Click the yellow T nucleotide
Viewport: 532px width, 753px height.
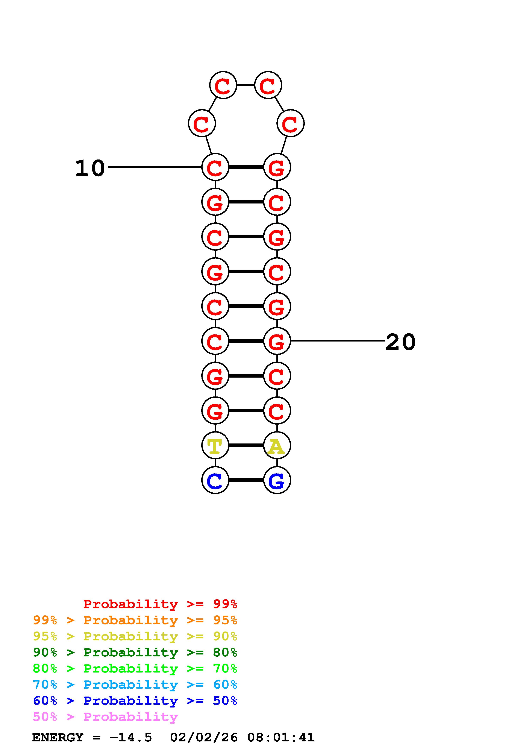[215, 445]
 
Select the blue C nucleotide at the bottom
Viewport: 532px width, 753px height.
[215, 480]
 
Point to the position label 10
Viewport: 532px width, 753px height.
[90, 168]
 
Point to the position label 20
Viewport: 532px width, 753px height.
[400, 342]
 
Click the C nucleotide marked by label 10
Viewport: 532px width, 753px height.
[215, 167]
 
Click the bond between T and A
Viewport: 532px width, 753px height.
[246, 445]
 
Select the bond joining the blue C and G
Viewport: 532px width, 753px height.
[246, 480]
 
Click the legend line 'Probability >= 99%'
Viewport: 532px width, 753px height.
[160, 604]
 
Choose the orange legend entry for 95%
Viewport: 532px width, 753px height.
[135, 620]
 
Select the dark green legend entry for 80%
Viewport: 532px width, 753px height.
[135, 652]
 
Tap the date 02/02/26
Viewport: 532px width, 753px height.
[204, 737]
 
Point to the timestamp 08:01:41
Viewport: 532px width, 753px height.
[281, 737]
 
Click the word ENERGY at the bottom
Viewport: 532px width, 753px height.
[58, 737]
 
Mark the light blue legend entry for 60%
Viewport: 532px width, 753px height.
[135, 685]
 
